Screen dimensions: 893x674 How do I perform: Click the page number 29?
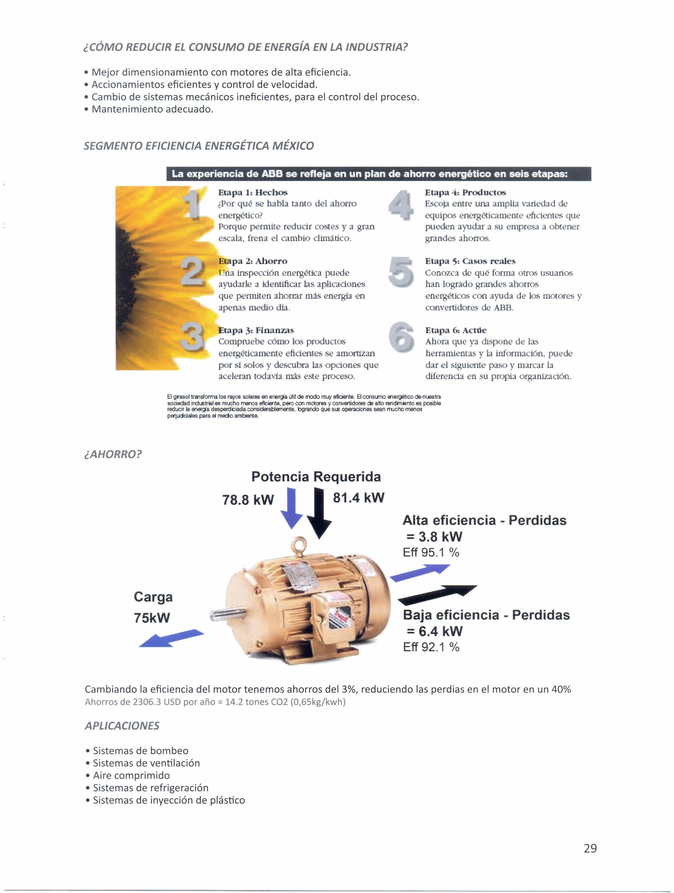pos(590,848)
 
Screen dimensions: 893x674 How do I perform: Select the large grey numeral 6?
pos(401,337)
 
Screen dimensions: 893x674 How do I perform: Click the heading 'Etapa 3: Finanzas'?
pos(256,330)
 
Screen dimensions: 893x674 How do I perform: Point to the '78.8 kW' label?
pos(248,500)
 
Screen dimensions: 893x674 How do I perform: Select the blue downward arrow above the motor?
pos(291,509)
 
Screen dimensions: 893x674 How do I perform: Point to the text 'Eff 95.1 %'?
pos(431,552)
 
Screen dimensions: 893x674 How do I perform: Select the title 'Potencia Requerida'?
pos(316,476)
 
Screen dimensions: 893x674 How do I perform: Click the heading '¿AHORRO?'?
pos(113,454)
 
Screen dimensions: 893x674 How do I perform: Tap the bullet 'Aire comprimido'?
pos(131,775)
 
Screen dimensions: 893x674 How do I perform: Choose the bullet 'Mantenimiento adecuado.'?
pos(152,109)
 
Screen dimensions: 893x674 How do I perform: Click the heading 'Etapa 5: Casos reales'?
pos(470,261)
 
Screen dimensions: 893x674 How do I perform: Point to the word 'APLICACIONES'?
pos(122,725)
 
